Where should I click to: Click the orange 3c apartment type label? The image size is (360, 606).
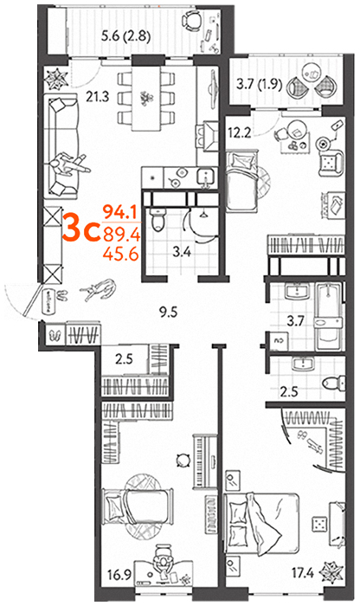point(80,230)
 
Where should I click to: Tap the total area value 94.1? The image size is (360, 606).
point(120,212)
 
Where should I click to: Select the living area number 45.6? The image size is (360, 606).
point(121,254)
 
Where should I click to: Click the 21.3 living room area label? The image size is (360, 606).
point(97,97)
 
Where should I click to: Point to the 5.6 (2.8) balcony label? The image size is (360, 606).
point(125,37)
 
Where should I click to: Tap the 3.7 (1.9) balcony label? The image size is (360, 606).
point(260,84)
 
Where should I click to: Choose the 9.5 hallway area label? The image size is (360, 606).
point(168,312)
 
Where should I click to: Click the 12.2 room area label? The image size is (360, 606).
point(240,133)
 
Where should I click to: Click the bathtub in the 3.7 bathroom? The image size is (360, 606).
point(328,317)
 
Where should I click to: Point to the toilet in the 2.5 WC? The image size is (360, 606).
point(332,383)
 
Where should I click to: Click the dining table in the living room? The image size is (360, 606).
point(145,99)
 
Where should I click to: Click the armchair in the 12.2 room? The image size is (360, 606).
point(331,163)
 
